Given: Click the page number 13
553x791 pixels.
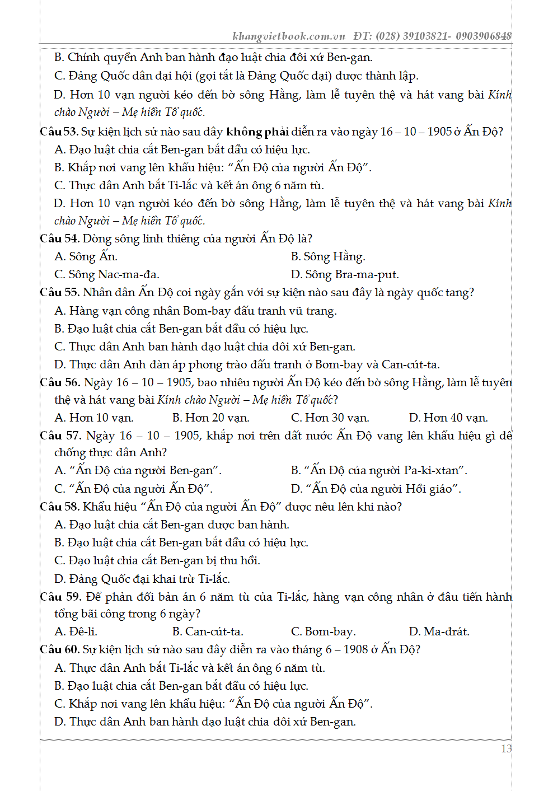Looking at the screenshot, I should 506,748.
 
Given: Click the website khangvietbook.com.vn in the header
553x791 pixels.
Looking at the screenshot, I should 289,36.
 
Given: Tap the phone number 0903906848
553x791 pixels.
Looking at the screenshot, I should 484,36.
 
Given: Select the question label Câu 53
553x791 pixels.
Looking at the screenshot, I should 59,132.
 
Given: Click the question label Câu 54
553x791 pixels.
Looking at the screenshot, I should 59,238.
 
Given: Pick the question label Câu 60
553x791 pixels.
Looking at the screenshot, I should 59,649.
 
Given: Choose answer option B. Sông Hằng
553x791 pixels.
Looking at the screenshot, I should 328,256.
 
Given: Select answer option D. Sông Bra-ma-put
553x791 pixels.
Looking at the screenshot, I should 345,274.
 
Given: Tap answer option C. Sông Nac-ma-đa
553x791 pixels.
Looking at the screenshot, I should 107,274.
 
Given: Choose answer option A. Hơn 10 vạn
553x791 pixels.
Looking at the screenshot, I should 94,418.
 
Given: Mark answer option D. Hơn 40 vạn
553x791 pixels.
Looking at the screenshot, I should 448,418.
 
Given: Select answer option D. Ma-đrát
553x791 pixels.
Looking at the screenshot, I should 439,631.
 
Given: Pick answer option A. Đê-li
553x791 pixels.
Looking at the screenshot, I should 76,631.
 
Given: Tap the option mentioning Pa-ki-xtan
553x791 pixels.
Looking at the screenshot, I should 379,470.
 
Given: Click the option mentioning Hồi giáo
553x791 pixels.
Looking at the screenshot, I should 376,489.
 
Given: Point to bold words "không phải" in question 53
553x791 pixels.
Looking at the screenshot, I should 257,132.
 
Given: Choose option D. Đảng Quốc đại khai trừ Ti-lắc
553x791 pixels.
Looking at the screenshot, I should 142,578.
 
